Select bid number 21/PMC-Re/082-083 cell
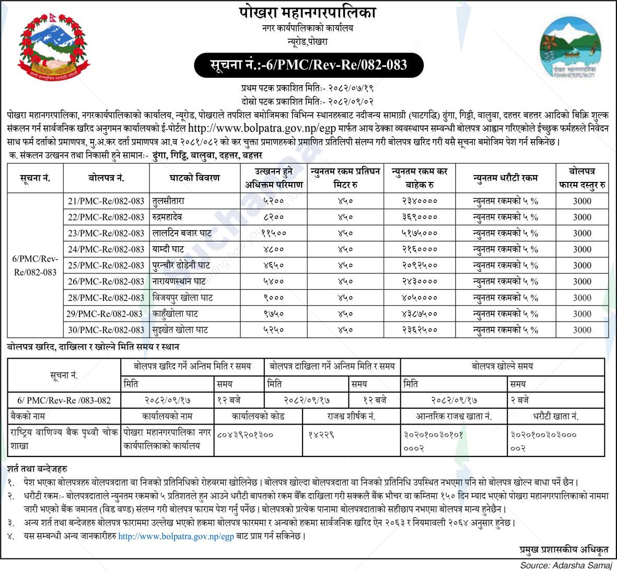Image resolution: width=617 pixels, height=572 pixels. pyautogui.click(x=106, y=201)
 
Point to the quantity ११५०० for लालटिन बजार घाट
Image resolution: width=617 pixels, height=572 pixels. pyautogui.click(x=273, y=233)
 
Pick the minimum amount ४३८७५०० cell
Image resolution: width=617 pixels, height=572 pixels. pyautogui.click(x=420, y=314)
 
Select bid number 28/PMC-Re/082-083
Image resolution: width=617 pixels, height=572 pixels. pyautogui.click(x=106, y=298)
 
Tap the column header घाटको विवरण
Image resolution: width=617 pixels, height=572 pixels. pyautogui.click(x=195, y=178)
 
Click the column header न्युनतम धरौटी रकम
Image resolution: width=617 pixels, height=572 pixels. pyautogui.click(x=505, y=178)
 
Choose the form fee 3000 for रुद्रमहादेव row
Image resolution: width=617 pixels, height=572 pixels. pyautogui.click(x=582, y=217)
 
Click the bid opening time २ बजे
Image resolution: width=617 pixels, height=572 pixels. pyautogui.click(x=520, y=400)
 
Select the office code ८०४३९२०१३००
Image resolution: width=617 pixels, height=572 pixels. pyautogui.click(x=245, y=434)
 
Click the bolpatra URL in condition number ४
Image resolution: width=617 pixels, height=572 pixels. pyautogui.click(x=176, y=536)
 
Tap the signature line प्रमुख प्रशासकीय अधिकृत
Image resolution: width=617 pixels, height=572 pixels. pyautogui.click(x=564, y=550)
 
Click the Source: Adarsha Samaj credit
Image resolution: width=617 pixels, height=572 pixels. pyautogui.click(x=565, y=565)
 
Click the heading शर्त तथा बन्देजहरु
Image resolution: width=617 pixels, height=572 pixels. pyautogui.click(x=37, y=469)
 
